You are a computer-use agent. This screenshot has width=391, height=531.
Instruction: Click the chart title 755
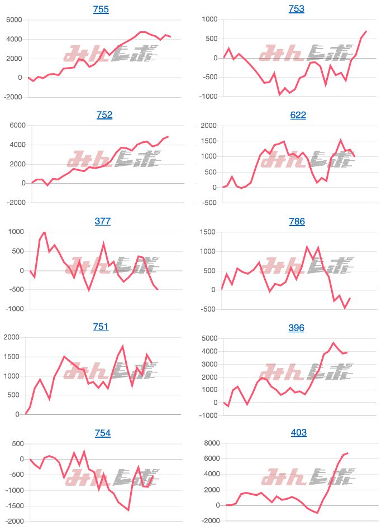(101, 9)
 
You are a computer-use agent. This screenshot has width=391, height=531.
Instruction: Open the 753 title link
(297, 9)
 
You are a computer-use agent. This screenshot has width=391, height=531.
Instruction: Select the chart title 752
(104, 115)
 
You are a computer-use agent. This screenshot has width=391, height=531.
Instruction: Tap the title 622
(298, 115)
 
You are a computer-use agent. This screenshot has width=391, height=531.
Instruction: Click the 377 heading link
(103, 221)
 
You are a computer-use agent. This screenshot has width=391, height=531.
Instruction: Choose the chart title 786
(297, 221)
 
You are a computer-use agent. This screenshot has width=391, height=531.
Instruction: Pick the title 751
(101, 327)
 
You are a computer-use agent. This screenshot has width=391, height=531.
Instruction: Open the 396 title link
(297, 327)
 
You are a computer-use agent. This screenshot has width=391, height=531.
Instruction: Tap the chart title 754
(102, 433)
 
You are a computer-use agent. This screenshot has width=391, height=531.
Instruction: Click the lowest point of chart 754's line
(128, 510)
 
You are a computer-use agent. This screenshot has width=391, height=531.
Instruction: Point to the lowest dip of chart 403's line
(317, 513)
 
